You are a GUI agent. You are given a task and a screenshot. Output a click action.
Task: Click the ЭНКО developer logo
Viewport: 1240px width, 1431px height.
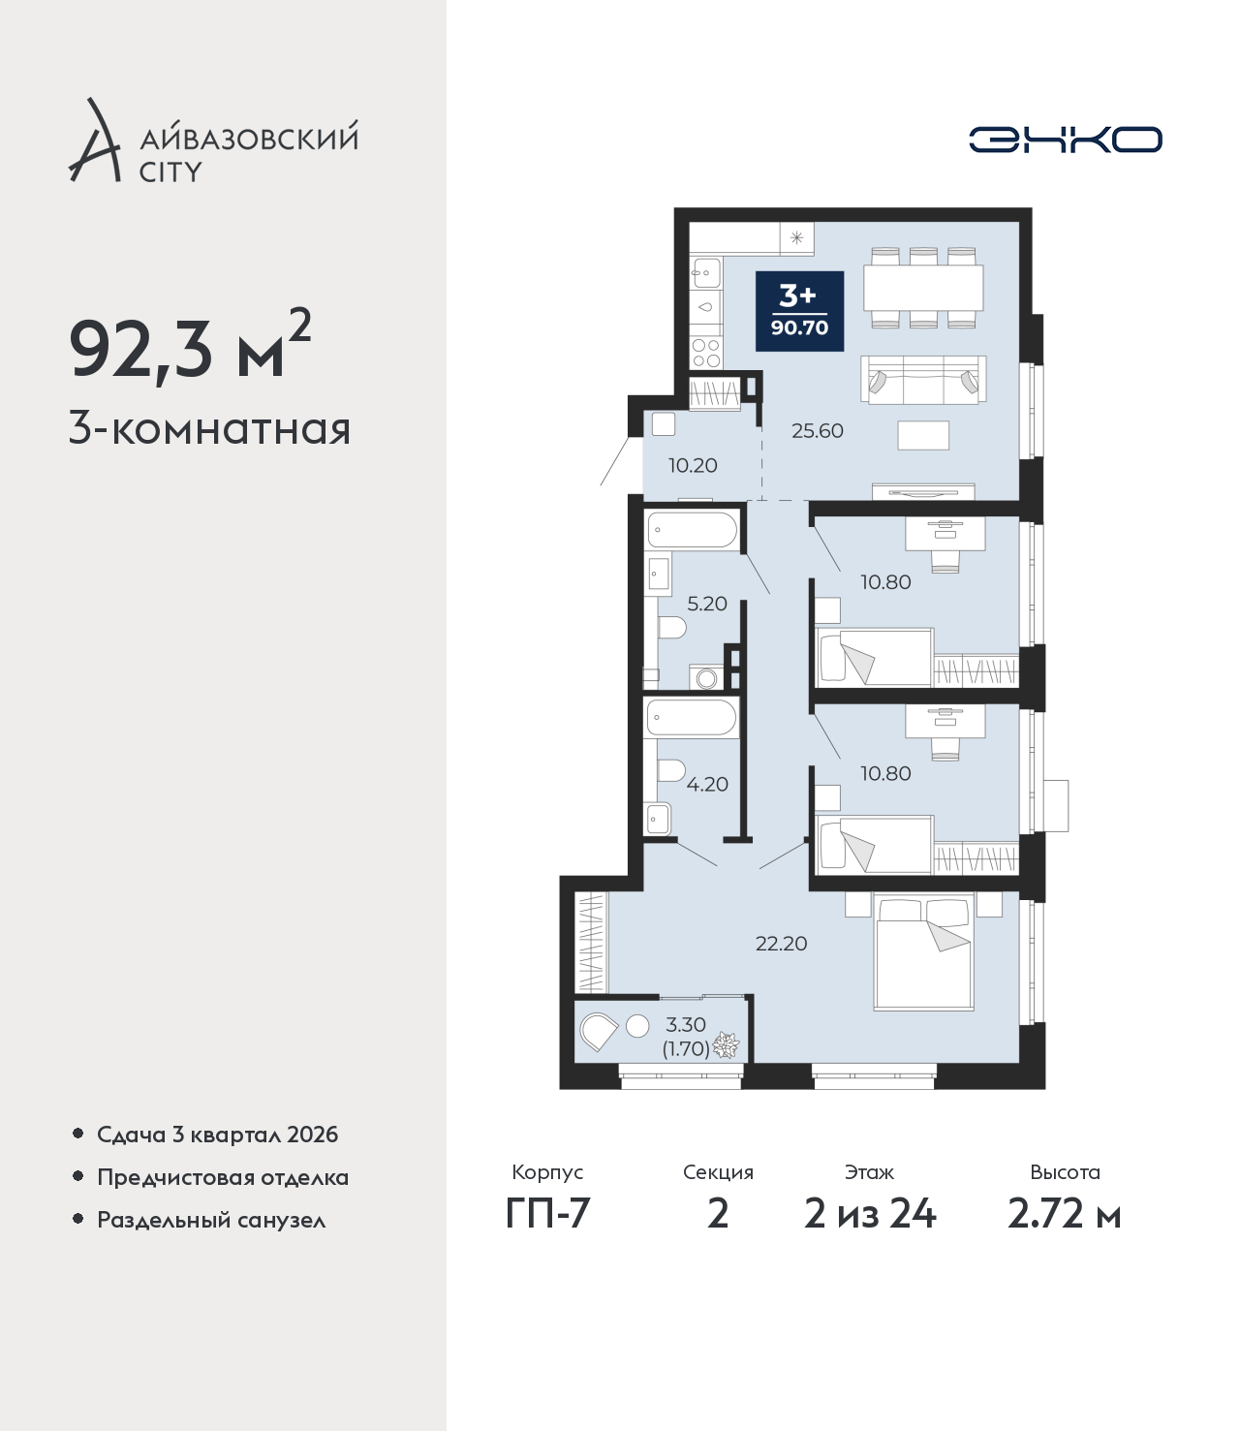pos(1064,140)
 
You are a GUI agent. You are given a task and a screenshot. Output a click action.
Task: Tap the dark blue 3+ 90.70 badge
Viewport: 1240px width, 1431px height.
pos(799,311)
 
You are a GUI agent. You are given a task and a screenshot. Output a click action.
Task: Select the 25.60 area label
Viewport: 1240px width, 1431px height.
pos(818,430)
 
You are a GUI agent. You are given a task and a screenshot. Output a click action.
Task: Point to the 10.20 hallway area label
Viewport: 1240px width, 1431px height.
pos(693,465)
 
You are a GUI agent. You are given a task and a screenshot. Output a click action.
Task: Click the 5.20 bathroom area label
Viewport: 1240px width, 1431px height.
pos(707,604)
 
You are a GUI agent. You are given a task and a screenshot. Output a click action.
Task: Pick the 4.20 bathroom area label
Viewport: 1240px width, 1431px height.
pos(707,785)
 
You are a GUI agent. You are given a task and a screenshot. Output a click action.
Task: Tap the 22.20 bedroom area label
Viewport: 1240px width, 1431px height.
pos(781,944)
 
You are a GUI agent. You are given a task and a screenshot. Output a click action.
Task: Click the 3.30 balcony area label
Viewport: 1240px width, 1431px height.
pos(686,1025)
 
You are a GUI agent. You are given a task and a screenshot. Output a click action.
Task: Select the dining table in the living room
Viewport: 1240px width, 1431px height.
pos(923,288)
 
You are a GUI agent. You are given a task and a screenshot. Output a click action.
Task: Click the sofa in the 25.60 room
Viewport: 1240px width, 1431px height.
pos(923,380)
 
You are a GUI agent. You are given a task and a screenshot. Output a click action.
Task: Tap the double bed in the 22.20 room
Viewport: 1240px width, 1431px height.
pos(923,952)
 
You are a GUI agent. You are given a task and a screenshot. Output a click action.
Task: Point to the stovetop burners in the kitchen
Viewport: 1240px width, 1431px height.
pos(706,353)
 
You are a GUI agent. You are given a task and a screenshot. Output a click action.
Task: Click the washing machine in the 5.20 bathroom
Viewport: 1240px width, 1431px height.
pos(706,677)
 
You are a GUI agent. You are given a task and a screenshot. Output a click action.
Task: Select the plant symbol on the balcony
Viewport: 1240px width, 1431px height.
pos(726,1045)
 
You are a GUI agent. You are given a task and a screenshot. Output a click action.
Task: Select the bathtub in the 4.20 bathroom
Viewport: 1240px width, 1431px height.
pos(692,717)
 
